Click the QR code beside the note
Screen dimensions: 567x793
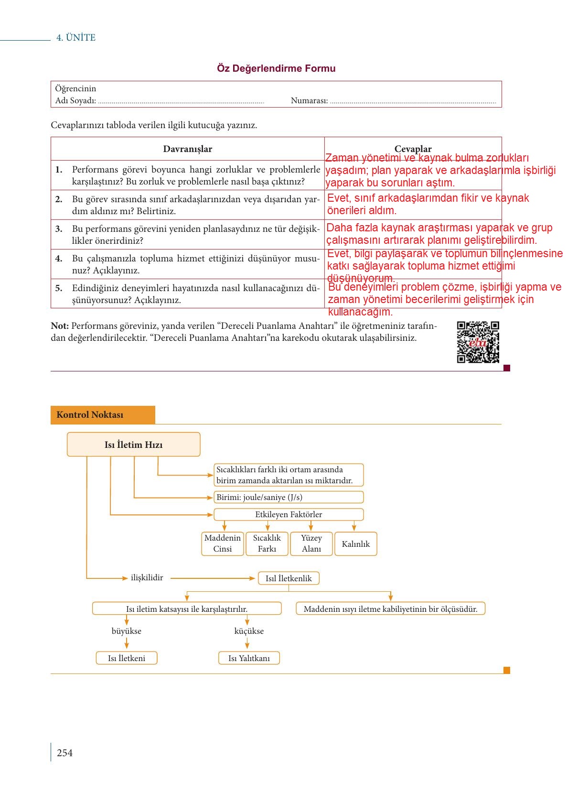tap(478, 342)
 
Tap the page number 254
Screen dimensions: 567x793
tap(64, 753)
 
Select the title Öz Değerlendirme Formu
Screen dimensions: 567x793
tap(276, 68)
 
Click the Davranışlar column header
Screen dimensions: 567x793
tap(187, 149)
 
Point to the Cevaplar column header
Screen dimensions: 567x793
tap(413, 149)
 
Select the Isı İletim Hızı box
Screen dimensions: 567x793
tap(134, 444)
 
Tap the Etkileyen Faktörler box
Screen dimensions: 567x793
tap(289, 514)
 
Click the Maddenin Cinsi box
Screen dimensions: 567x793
tap(223, 543)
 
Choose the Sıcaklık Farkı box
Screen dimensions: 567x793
tap(267, 543)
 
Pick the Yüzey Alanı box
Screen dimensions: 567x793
tap(311, 543)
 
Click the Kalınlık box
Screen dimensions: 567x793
tap(356, 543)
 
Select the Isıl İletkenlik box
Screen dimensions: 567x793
tap(289, 578)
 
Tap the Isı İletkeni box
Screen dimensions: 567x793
tap(127, 658)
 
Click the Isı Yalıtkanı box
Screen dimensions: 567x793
tap(249, 658)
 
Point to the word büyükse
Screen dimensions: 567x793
tap(126, 631)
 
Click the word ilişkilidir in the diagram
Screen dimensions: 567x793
tap(147, 578)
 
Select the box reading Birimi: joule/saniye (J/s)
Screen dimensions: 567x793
tap(289, 497)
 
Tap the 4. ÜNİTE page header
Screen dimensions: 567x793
tap(76, 38)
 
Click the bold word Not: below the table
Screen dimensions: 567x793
tap(60, 326)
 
